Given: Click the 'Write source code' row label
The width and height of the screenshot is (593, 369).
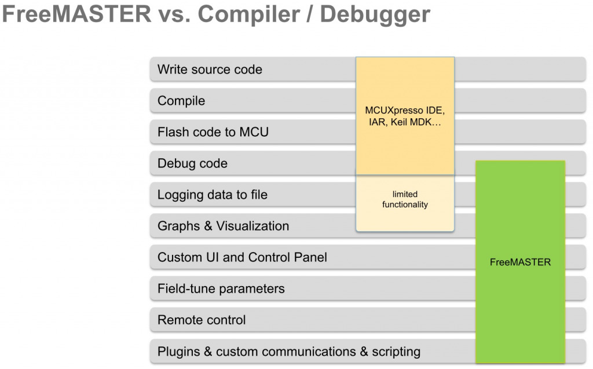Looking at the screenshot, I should (x=210, y=70).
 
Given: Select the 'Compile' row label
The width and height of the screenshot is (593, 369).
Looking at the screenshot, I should (x=181, y=101).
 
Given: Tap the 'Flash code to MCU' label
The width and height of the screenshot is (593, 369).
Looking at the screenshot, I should (x=213, y=132).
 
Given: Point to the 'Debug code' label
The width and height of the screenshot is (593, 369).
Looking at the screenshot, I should (x=192, y=163).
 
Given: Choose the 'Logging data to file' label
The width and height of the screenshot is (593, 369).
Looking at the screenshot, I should (x=213, y=195).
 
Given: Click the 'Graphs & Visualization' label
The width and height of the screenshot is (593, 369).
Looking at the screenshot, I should (x=223, y=226).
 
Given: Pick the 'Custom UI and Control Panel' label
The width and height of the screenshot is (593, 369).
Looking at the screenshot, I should (x=242, y=257).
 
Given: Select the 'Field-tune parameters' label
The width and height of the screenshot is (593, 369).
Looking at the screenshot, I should (x=221, y=288).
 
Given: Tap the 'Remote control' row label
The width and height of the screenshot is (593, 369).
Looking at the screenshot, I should (x=202, y=320).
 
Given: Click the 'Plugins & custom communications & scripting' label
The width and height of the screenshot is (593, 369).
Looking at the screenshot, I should (x=289, y=351).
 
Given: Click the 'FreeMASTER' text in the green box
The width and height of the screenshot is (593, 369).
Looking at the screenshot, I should (x=520, y=262).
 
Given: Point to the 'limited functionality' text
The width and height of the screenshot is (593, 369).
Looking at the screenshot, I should (x=405, y=199).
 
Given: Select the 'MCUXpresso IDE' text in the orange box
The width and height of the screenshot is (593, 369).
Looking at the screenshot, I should (x=405, y=111).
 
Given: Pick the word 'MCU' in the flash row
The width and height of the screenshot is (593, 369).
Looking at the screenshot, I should (x=254, y=132).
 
